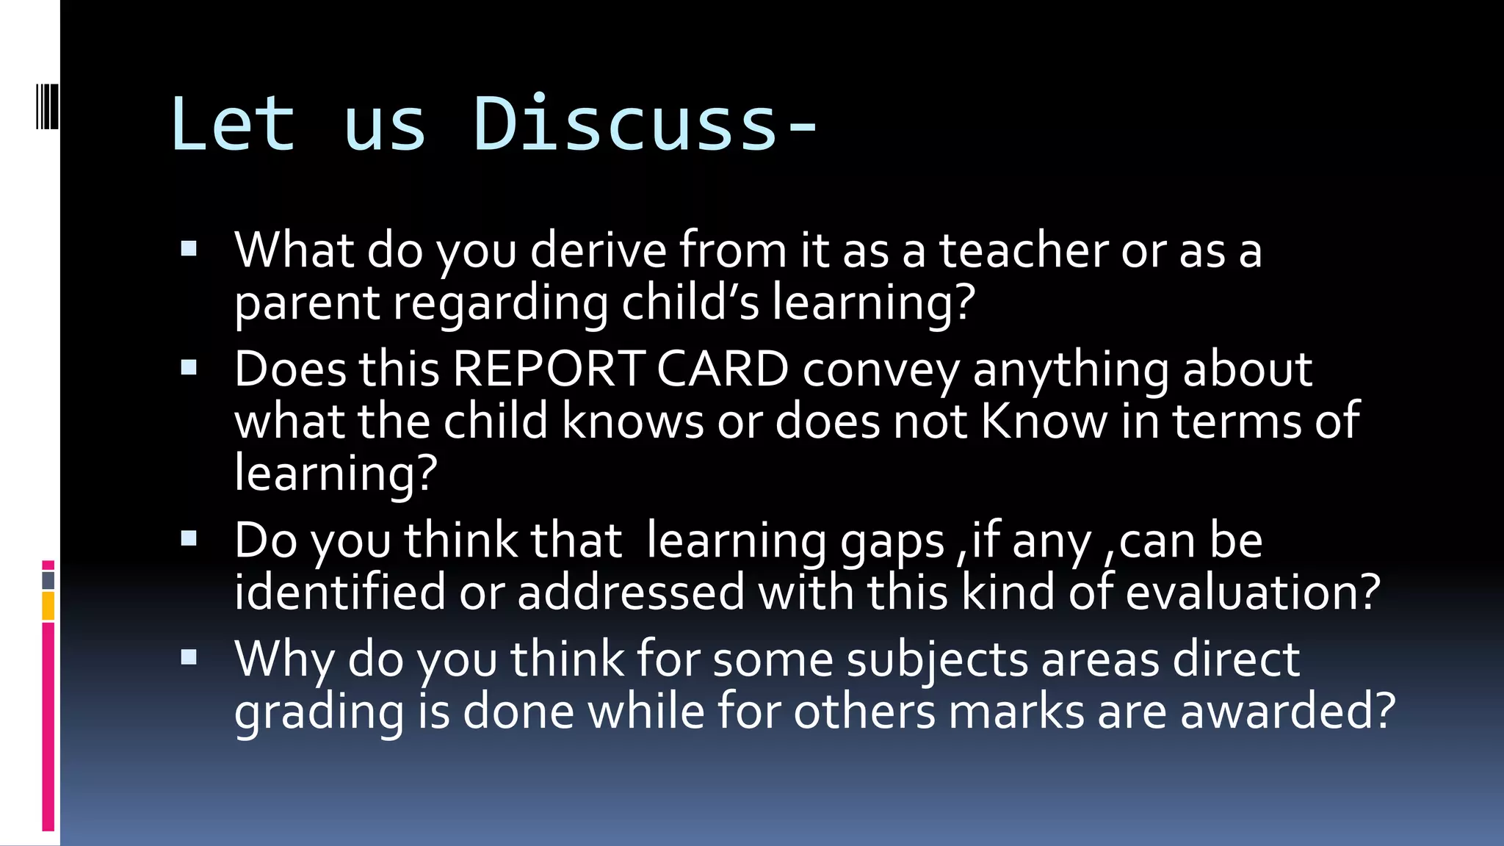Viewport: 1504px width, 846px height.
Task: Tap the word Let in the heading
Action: (233, 125)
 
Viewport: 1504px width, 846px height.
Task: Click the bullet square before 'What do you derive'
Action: (189, 249)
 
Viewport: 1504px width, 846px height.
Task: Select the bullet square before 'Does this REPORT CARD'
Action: (189, 367)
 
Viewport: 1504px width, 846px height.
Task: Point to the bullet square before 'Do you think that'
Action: (189, 539)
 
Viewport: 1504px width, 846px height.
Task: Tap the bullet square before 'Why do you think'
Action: (189, 657)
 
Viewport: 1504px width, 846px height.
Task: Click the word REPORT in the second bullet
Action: (548, 369)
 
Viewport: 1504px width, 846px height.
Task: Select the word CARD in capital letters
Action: (722, 369)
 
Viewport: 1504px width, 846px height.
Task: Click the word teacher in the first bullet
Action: (1024, 250)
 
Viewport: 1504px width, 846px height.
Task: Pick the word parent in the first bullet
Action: (307, 304)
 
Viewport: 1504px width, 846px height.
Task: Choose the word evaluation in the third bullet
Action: (1252, 592)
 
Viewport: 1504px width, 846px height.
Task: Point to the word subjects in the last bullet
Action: (937, 659)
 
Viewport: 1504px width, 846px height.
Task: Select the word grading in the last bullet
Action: (319, 712)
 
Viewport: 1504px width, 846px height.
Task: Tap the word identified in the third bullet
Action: (339, 592)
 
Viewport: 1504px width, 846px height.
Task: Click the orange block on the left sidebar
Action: (48, 606)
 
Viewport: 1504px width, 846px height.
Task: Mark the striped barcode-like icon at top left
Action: (47, 106)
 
